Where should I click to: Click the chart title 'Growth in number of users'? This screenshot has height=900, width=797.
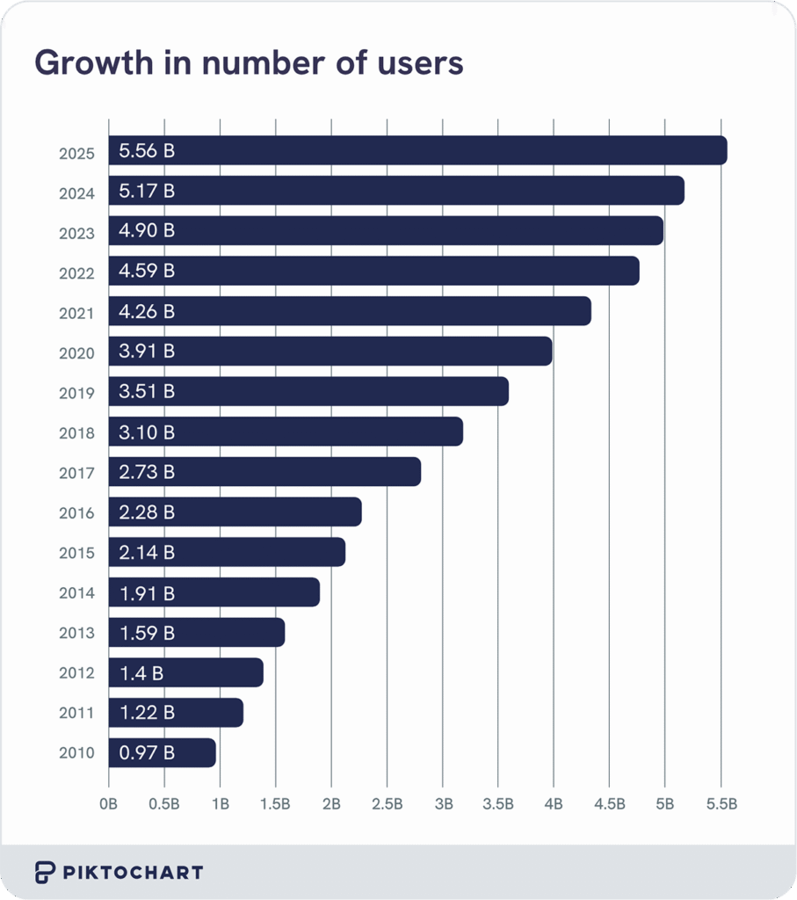[248, 63]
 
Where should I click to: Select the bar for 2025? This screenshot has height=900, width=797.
[417, 150]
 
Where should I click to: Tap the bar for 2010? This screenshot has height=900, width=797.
[162, 752]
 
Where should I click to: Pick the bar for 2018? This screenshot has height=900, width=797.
[286, 432]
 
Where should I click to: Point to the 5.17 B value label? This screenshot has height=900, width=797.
[147, 191]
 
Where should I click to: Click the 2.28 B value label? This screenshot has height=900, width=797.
[147, 512]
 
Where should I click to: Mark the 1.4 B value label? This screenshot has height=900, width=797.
[141, 672]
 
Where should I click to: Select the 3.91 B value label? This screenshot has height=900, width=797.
[147, 352]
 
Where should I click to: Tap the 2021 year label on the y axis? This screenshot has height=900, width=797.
[76, 312]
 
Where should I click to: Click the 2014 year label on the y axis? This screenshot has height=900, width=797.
[76, 593]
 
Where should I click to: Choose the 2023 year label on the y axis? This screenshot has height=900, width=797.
[76, 232]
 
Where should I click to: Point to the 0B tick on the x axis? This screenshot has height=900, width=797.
[109, 803]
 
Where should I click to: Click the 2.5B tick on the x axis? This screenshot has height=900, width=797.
[387, 803]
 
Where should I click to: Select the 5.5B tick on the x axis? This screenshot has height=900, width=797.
[721, 803]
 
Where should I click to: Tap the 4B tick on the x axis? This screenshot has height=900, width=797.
[554, 803]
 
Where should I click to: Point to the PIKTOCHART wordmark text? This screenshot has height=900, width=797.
[133, 873]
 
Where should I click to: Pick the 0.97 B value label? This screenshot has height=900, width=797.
[147, 752]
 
